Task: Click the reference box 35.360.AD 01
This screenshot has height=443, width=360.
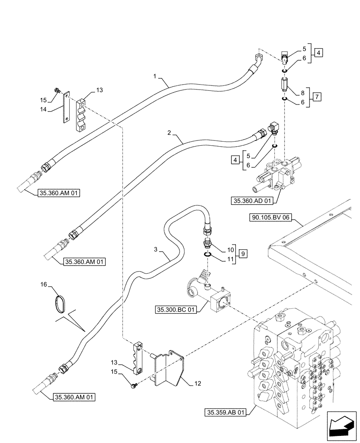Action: point(251,201)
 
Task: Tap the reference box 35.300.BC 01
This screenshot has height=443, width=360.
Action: point(176,309)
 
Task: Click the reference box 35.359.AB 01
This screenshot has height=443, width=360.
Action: point(226,412)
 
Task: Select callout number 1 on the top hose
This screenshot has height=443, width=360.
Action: point(155,77)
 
